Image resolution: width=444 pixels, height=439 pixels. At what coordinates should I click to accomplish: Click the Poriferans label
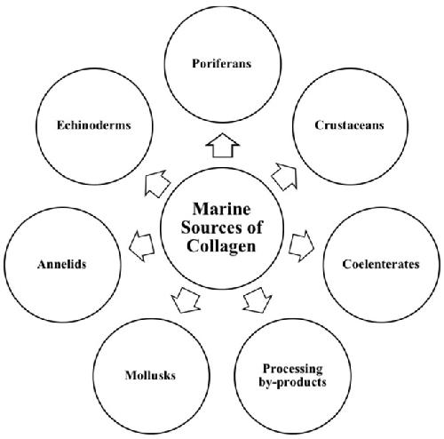[x=222, y=64]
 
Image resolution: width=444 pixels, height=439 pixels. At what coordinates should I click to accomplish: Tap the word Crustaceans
[x=349, y=125]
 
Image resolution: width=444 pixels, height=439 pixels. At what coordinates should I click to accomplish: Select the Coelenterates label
[x=381, y=264]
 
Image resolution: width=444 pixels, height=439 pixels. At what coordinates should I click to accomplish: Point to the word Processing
[x=293, y=370]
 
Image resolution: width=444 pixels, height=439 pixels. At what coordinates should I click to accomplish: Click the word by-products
[x=293, y=382]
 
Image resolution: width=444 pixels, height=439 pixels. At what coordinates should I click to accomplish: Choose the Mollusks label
[x=150, y=375]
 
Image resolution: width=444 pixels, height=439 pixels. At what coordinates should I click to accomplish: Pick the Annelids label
[x=62, y=264]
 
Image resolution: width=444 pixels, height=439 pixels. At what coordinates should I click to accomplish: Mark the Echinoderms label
[x=94, y=125]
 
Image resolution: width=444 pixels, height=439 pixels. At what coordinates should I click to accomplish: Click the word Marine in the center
[x=222, y=209]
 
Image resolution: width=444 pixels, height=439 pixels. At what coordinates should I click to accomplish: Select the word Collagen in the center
[x=221, y=246]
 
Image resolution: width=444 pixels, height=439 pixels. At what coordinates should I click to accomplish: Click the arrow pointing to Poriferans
[x=223, y=145]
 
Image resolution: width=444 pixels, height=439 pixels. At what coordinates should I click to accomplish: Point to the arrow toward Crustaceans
[x=285, y=177]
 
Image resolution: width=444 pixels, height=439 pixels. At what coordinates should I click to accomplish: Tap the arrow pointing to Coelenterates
[x=301, y=246]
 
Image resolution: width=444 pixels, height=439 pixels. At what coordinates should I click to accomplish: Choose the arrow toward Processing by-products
[x=258, y=300]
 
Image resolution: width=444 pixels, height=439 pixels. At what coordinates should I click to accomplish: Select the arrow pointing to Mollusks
[x=186, y=300]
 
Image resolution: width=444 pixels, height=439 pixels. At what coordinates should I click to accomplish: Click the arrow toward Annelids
[x=142, y=246]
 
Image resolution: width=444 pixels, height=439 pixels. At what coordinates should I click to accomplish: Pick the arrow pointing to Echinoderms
[x=157, y=183]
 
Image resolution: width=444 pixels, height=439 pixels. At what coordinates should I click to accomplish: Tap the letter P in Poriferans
[x=195, y=63]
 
